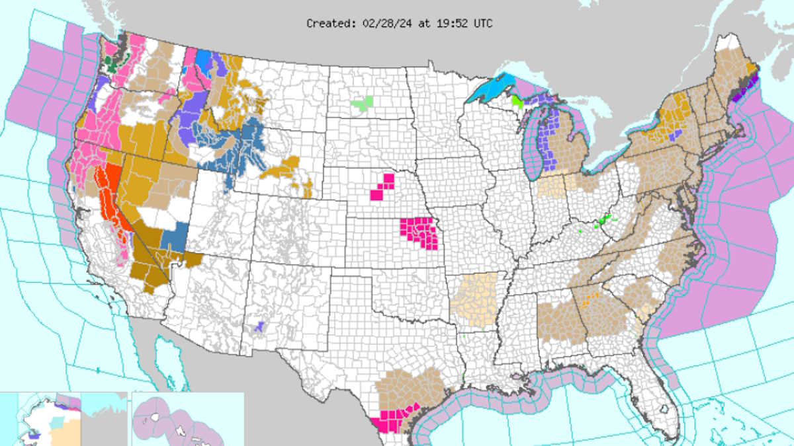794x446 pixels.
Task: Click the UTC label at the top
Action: (482, 23)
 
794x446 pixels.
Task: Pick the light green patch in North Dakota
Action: (362, 102)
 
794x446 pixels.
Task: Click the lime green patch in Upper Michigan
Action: (517, 101)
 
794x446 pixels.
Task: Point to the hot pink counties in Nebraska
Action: (382, 187)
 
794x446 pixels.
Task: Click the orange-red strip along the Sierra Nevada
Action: (110, 198)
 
